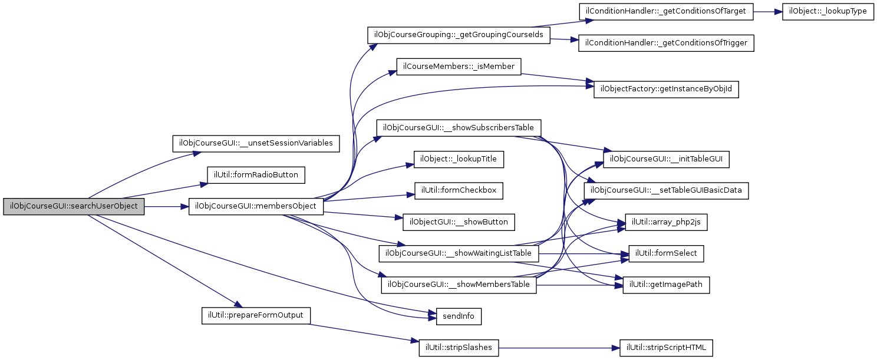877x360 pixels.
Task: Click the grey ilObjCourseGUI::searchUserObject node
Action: [74, 207]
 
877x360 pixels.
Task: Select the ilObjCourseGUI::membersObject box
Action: [255, 207]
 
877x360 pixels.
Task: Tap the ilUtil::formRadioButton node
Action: [256, 175]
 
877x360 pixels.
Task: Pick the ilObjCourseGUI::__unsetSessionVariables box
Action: [256, 143]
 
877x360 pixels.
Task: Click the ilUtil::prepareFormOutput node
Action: [256, 315]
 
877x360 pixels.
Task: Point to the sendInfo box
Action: [459, 316]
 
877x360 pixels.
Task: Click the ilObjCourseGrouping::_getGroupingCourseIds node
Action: [459, 35]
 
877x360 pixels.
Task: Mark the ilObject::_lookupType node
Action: [827, 12]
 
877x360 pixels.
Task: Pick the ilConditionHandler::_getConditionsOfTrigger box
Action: [666, 44]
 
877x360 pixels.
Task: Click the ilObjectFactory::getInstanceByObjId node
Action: [666, 90]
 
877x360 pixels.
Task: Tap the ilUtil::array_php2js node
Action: [666, 222]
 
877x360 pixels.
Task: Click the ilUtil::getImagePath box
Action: [666, 286]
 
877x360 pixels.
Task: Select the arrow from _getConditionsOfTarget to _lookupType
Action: [768, 12]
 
